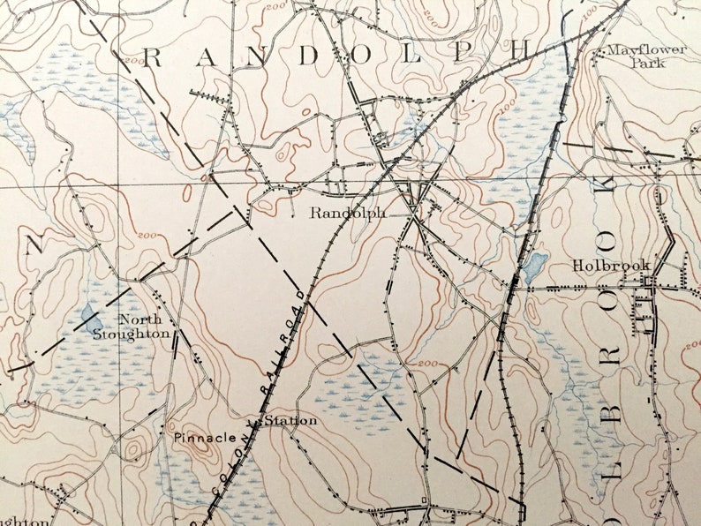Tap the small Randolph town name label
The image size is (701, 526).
[x=347, y=213]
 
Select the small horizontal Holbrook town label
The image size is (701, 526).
[x=611, y=265]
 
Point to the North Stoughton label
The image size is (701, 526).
[x=132, y=327]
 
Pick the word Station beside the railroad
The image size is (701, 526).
[x=290, y=421]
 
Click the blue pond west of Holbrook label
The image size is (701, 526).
[x=534, y=265]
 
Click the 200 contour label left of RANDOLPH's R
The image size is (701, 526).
[x=134, y=61]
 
